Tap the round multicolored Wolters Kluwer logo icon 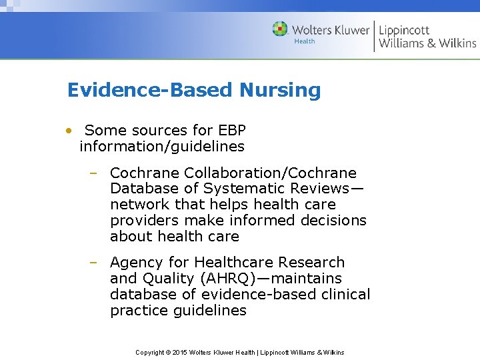coord(280,29)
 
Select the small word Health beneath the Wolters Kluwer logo coord(304,41)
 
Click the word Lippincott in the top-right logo coord(404,30)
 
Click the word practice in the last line coord(138,311)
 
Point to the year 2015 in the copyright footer coord(180,352)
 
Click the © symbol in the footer coord(167,352)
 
